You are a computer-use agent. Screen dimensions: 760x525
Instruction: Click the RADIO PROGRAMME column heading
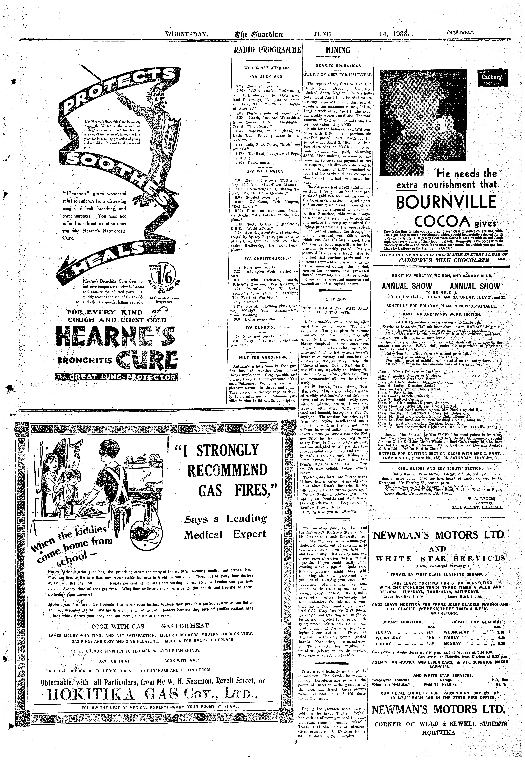(x=267, y=51)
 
